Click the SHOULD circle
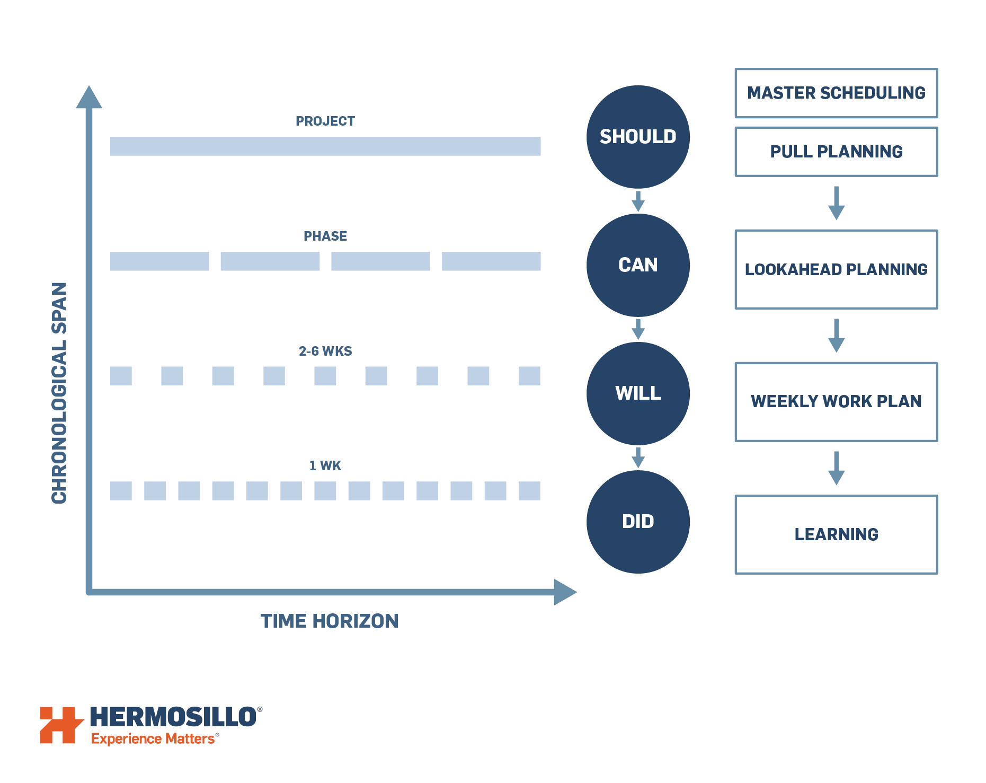(x=638, y=137)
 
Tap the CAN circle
(x=638, y=265)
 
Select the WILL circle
(x=638, y=393)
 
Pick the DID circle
(x=638, y=522)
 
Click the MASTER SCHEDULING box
(x=836, y=93)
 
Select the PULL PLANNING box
(x=836, y=152)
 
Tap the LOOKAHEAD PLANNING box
(x=836, y=269)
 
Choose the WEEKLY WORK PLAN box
(x=836, y=401)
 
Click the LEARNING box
(x=836, y=534)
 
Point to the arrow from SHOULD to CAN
(x=638, y=201)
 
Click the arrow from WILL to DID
(x=638, y=458)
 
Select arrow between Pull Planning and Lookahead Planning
(x=836, y=204)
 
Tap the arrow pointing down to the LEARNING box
(x=836, y=469)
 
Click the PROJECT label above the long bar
(x=325, y=121)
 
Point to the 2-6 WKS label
(x=325, y=351)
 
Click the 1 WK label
(x=325, y=465)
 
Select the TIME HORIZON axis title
(x=329, y=621)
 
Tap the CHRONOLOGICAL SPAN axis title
(x=59, y=392)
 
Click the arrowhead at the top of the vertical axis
(x=89, y=98)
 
